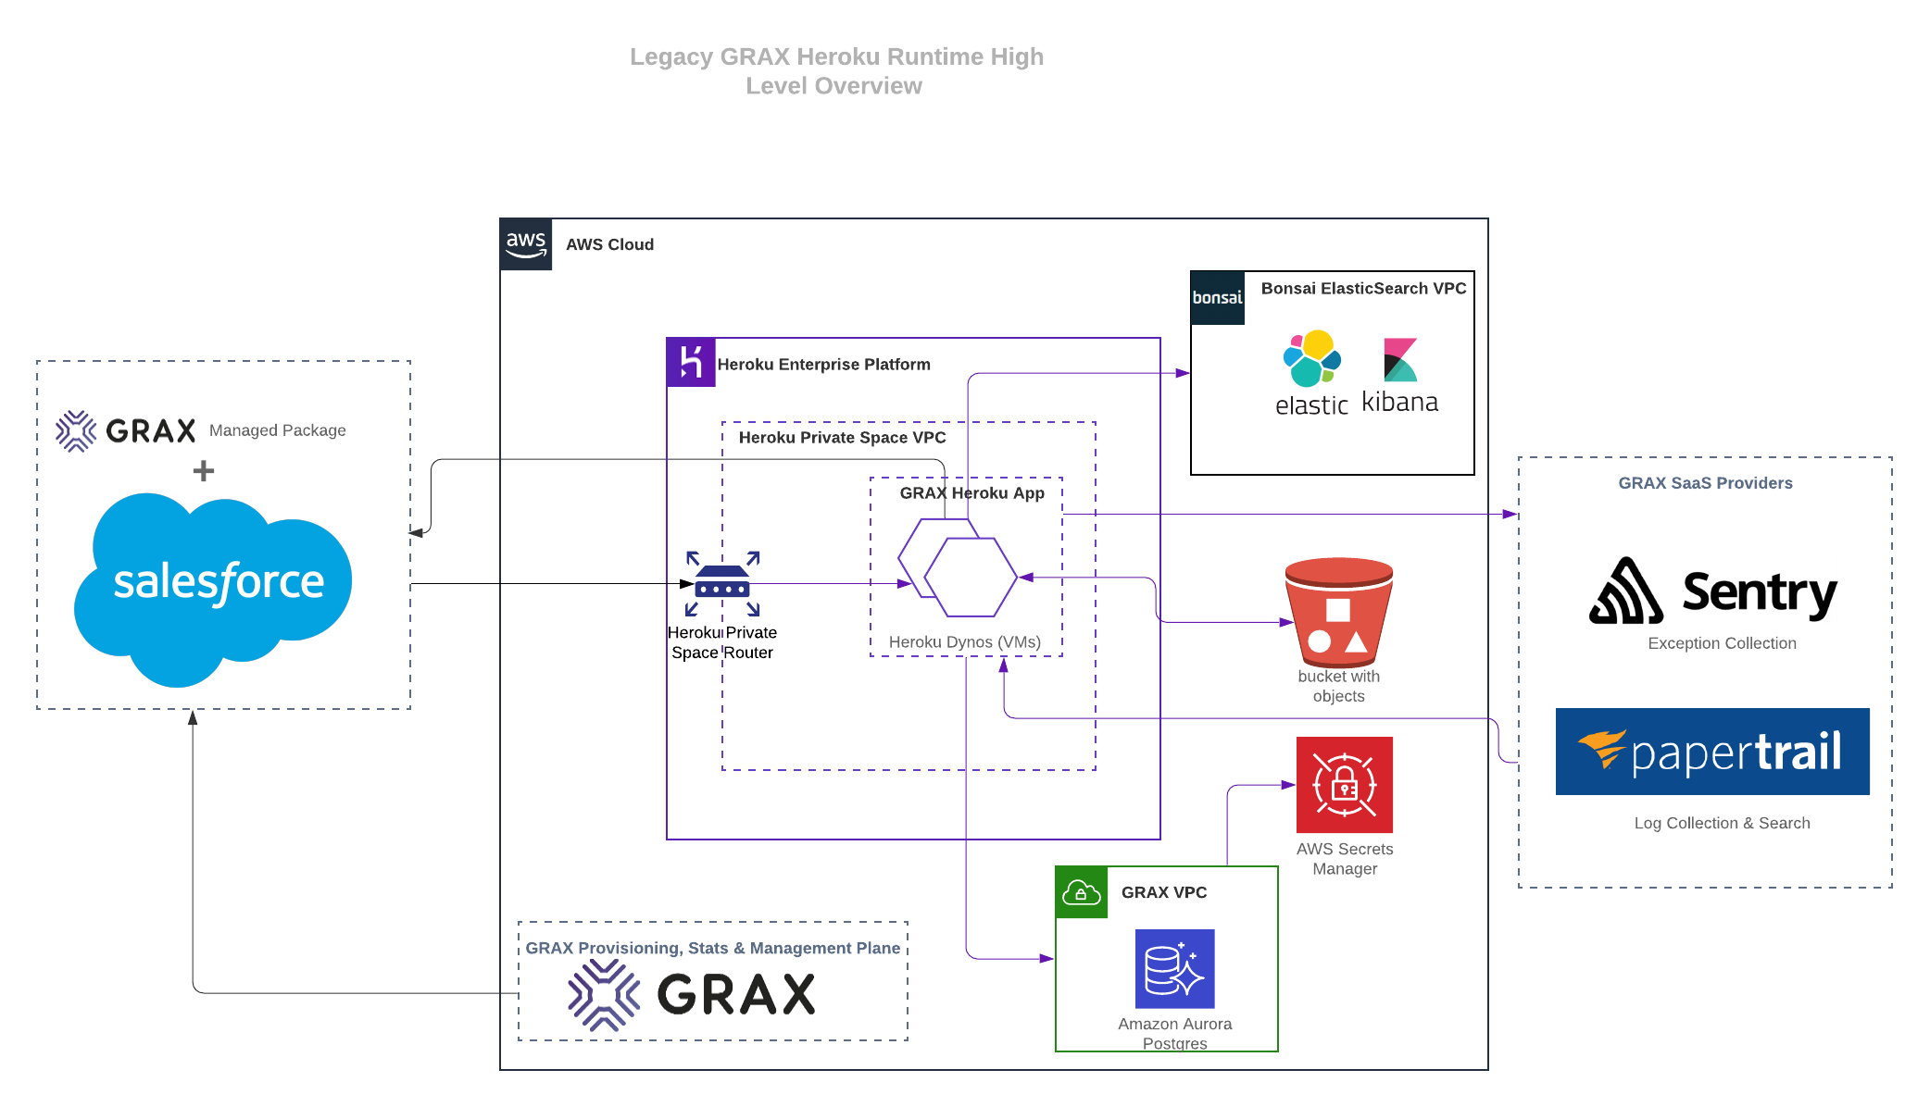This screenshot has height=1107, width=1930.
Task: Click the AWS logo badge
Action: pyautogui.click(x=526, y=244)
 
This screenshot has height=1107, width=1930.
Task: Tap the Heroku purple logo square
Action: pyautogui.click(x=691, y=362)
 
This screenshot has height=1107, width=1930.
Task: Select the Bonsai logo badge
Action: pyautogui.click(x=1217, y=298)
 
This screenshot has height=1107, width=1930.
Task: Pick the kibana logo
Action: pyautogui.click(x=1399, y=376)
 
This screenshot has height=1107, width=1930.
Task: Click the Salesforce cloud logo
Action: pyautogui.click(x=215, y=587)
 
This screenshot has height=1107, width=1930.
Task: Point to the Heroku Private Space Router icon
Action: pyautogui.click(x=722, y=584)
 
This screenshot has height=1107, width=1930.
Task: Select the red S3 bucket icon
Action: pyautogui.click(x=1338, y=611)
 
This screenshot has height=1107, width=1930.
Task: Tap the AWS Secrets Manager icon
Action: pyautogui.click(x=1344, y=785)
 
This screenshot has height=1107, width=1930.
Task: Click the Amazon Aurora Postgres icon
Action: pyautogui.click(x=1174, y=968)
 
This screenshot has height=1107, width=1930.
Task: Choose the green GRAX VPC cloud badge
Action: pyautogui.click(x=1082, y=892)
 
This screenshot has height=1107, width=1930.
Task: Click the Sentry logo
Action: pyautogui.click(x=1712, y=591)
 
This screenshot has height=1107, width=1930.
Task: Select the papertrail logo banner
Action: pyautogui.click(x=1711, y=752)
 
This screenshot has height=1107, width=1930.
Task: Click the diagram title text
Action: pyautogui.click(x=835, y=71)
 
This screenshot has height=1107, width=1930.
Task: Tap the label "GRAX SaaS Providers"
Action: pyautogui.click(x=1705, y=483)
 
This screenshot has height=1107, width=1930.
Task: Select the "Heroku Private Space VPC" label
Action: pyautogui.click(x=842, y=438)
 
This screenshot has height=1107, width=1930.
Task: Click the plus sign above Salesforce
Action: pyautogui.click(x=204, y=471)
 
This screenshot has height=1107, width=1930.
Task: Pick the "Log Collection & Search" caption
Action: pyautogui.click(x=1722, y=823)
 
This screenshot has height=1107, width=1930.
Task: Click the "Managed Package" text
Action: pyautogui.click(x=277, y=430)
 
